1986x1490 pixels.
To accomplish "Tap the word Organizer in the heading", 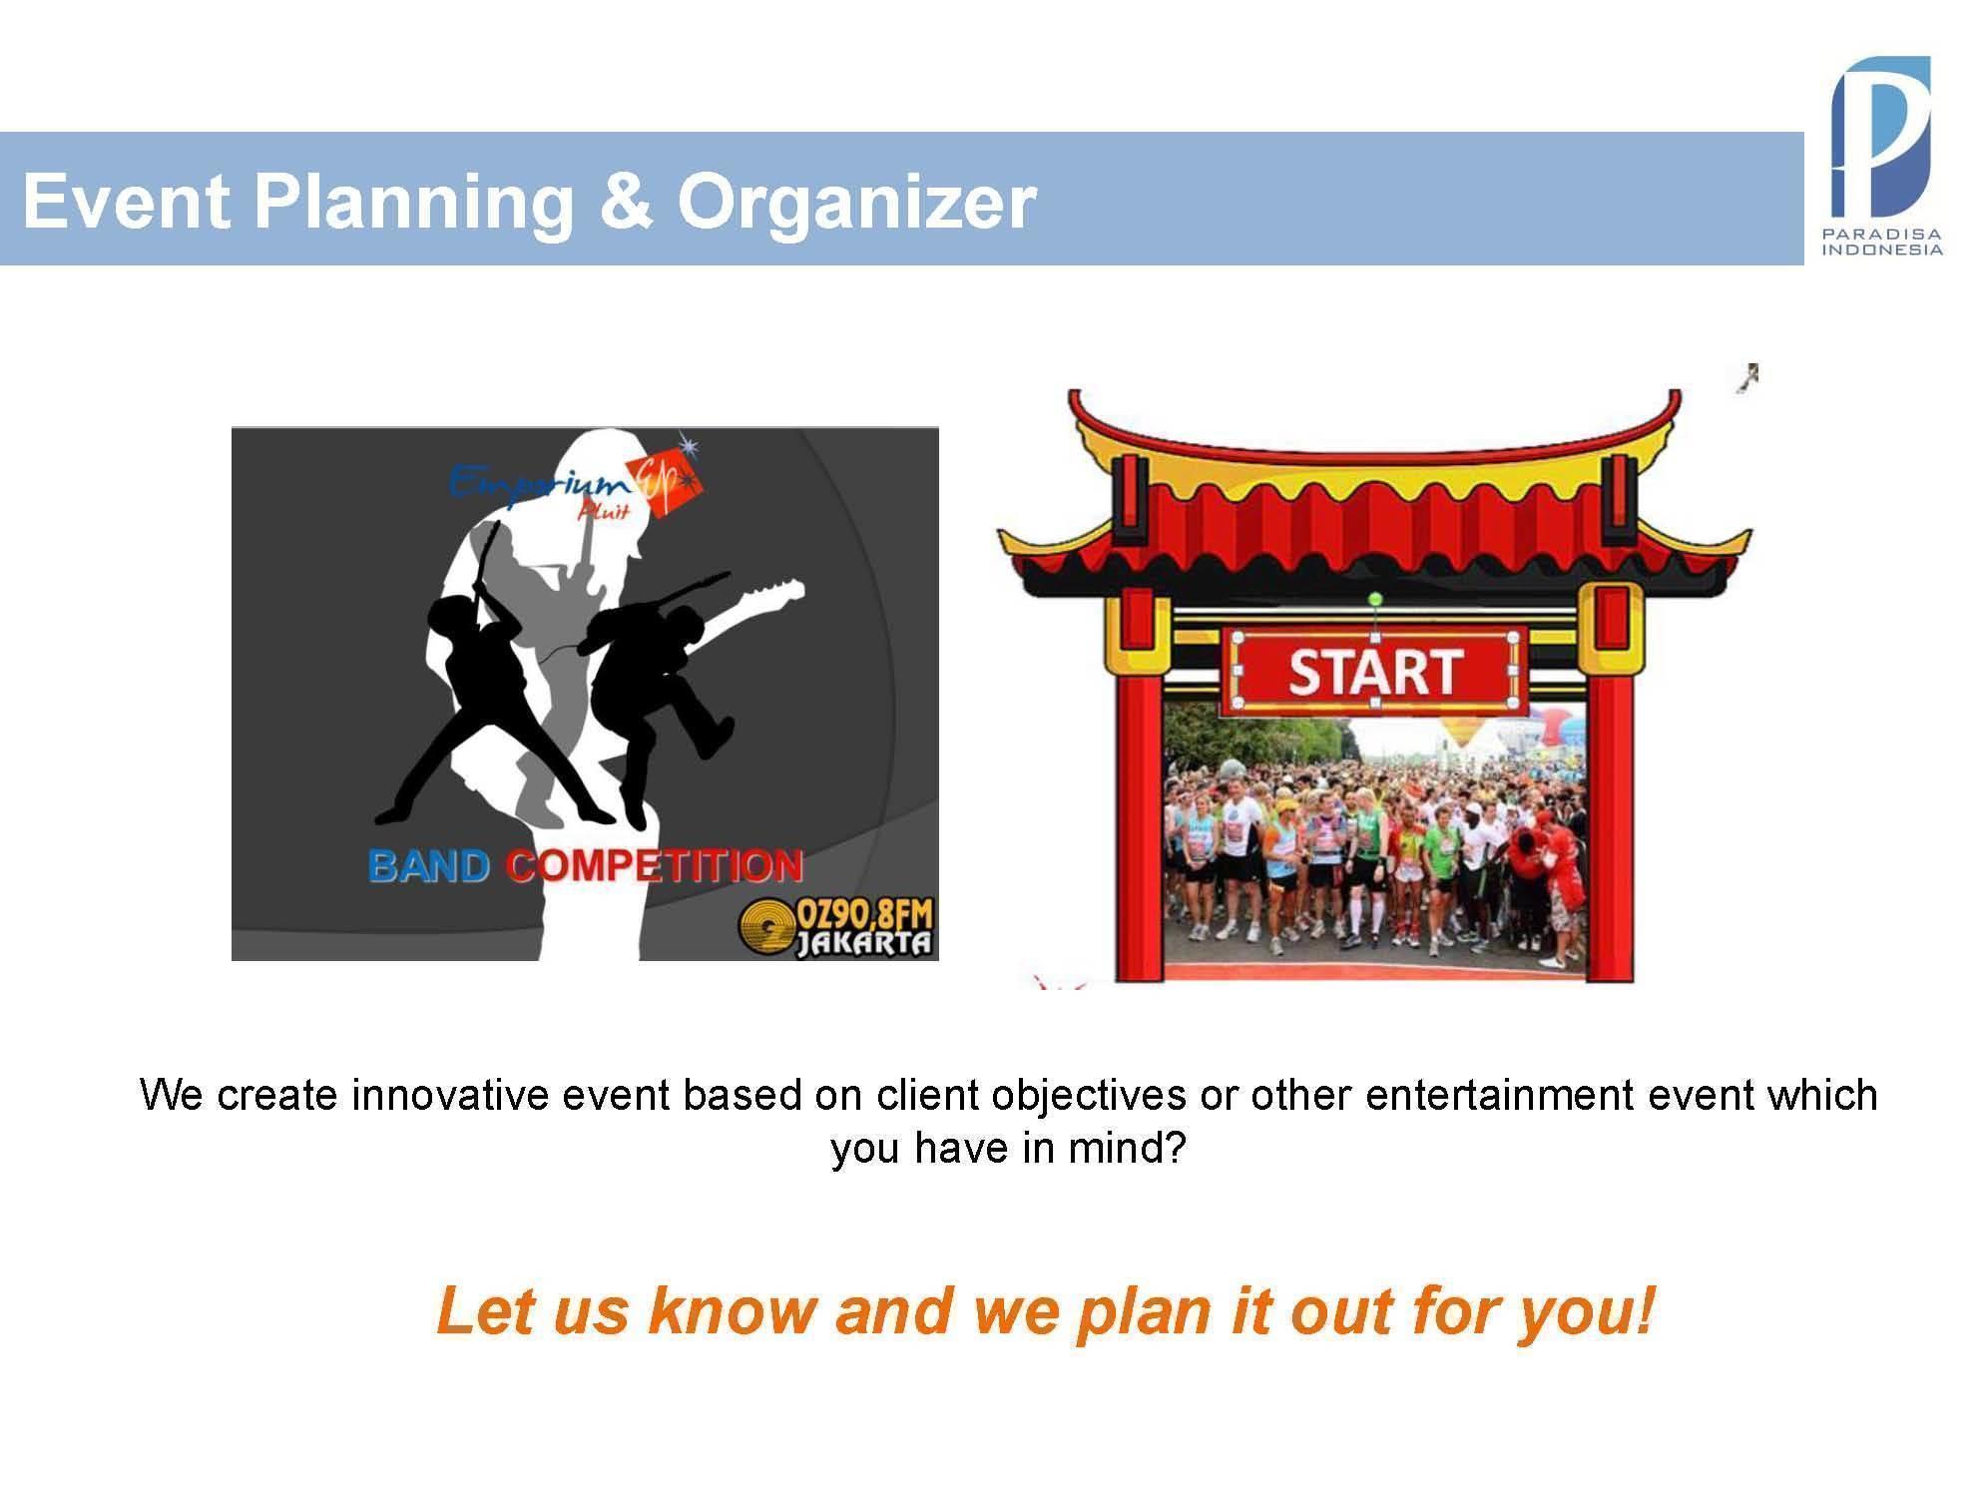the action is pyautogui.click(x=856, y=203).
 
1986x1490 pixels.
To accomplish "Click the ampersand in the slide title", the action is pyautogui.click(x=626, y=202).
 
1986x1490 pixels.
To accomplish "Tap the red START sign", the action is pyautogui.click(x=1375, y=671).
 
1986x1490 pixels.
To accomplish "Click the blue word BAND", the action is pyautogui.click(x=428, y=865).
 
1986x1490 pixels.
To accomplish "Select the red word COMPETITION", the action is pyautogui.click(x=654, y=865).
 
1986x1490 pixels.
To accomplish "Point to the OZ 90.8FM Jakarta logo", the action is pyautogui.click(x=836, y=927).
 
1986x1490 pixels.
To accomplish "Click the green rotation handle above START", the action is pyautogui.click(x=1375, y=599).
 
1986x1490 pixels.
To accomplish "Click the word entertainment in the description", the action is pyautogui.click(x=1498, y=1095).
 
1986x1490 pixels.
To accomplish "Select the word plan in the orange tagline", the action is pyautogui.click(x=1145, y=1313).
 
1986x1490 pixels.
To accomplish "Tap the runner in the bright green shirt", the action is pyautogui.click(x=1439, y=838).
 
